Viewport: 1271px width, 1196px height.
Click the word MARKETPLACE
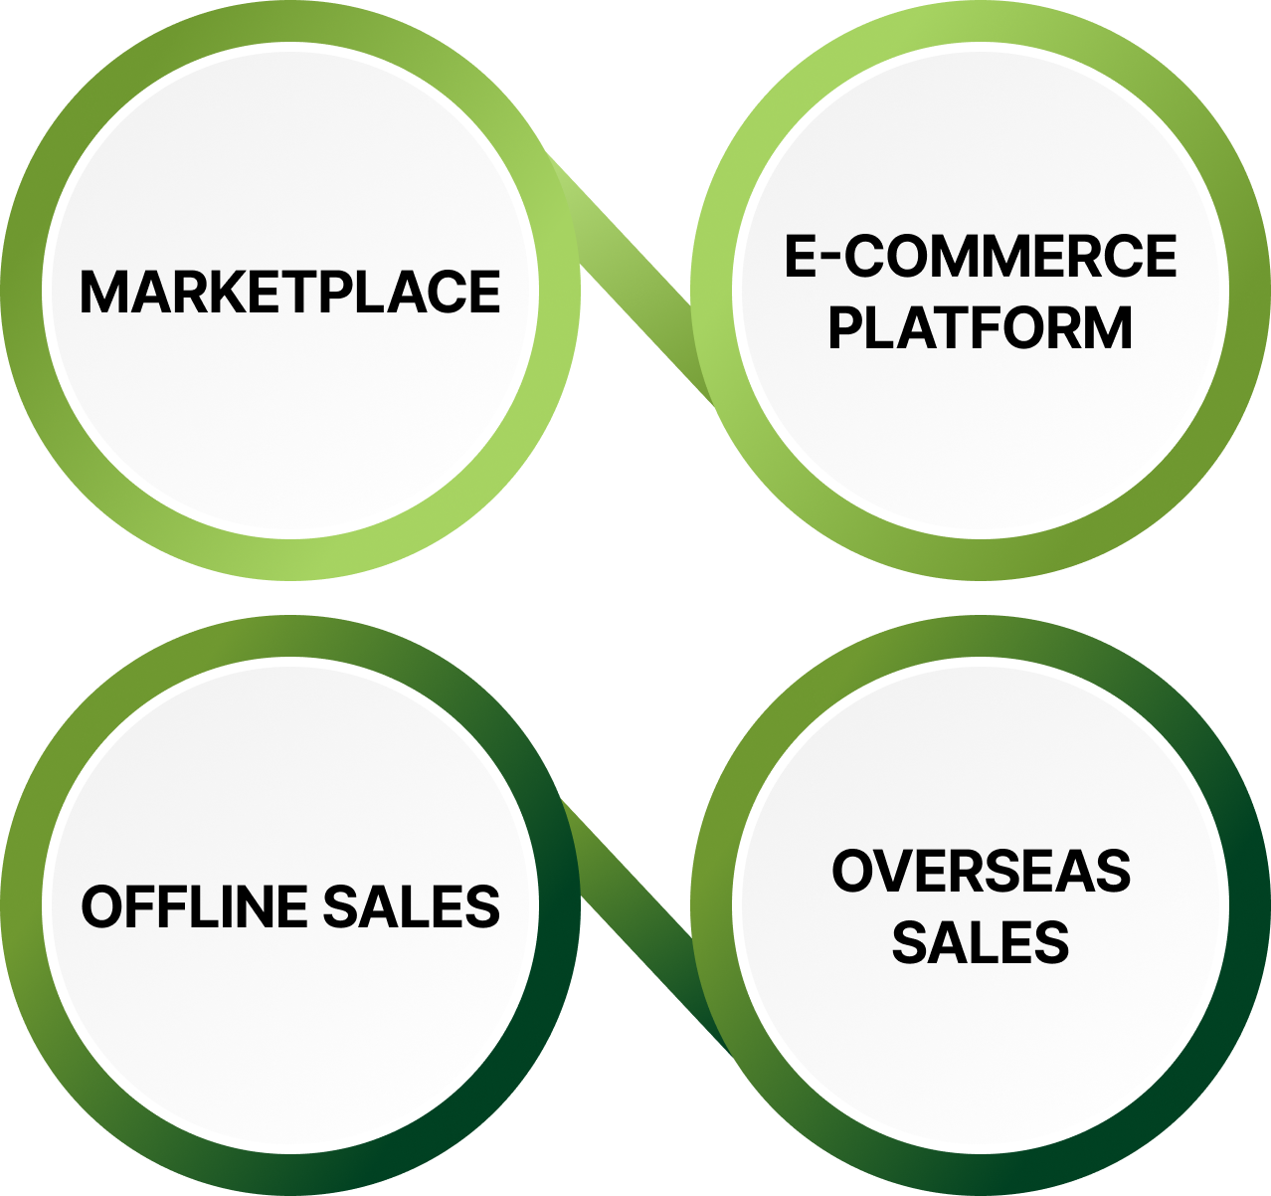pyautogui.click(x=289, y=292)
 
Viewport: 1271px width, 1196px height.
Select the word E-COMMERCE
pyautogui.click(x=981, y=257)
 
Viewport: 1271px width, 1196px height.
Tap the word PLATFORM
pyautogui.click(x=981, y=328)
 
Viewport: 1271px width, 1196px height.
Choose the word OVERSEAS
pyautogui.click(x=981, y=872)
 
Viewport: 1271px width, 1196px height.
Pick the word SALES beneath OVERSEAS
pyautogui.click(x=981, y=942)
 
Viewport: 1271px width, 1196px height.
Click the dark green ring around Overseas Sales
pyautogui.click(x=1249, y=907)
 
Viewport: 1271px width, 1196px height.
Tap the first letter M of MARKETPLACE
pyautogui.click(x=102, y=292)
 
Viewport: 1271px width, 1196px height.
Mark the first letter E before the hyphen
pyautogui.click(x=801, y=257)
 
